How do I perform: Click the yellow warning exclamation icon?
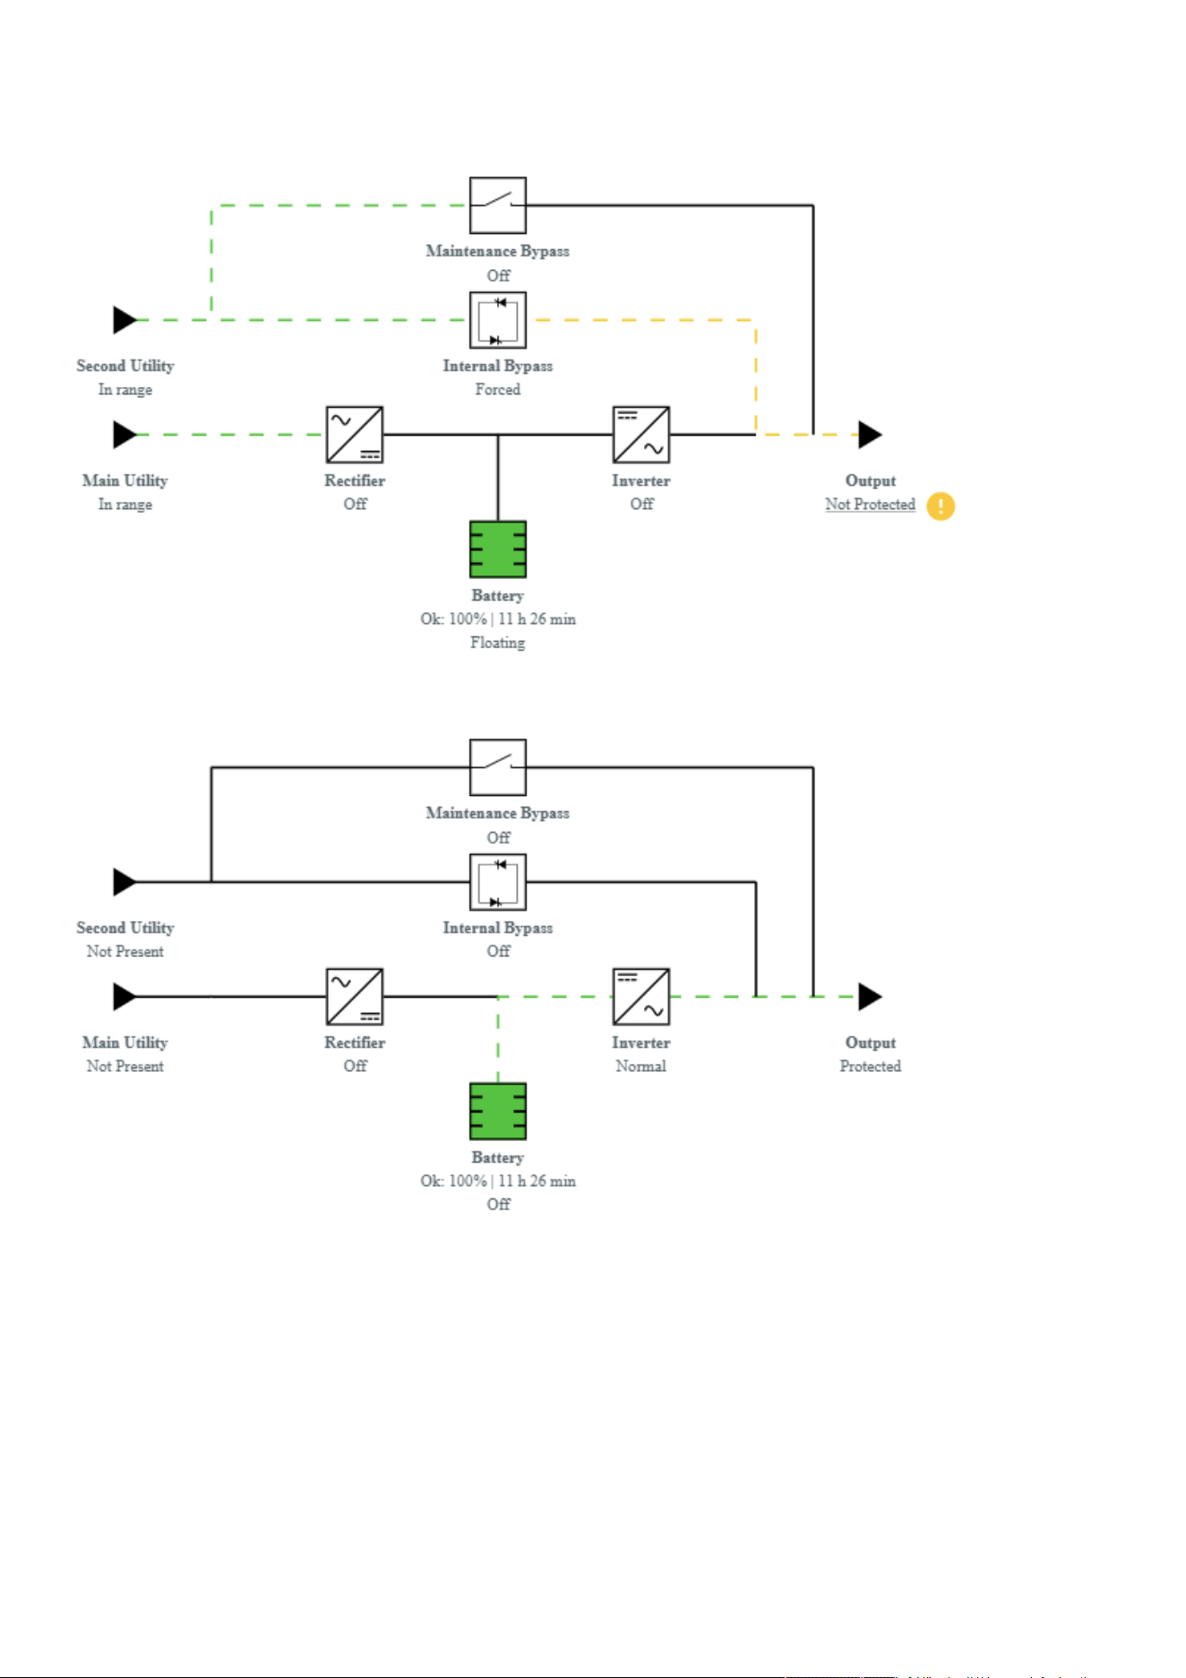coord(941,506)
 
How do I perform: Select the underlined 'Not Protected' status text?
coord(870,505)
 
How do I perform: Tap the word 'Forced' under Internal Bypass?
coord(498,390)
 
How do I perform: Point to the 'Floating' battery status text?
coord(498,643)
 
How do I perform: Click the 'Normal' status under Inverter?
coord(641,1067)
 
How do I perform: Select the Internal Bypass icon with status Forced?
coord(498,320)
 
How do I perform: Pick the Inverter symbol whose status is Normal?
coord(641,997)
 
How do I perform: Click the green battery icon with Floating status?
coord(498,549)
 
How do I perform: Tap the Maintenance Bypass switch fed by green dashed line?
coord(498,205)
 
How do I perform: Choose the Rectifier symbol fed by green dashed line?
coord(355,435)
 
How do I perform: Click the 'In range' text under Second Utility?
coord(125,390)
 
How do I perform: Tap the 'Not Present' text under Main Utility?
coord(125,1067)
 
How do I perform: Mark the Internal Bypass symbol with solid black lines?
coord(498,882)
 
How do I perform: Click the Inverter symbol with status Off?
coord(641,435)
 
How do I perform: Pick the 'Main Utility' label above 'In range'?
coord(125,481)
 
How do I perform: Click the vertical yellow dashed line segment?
coord(756,377)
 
